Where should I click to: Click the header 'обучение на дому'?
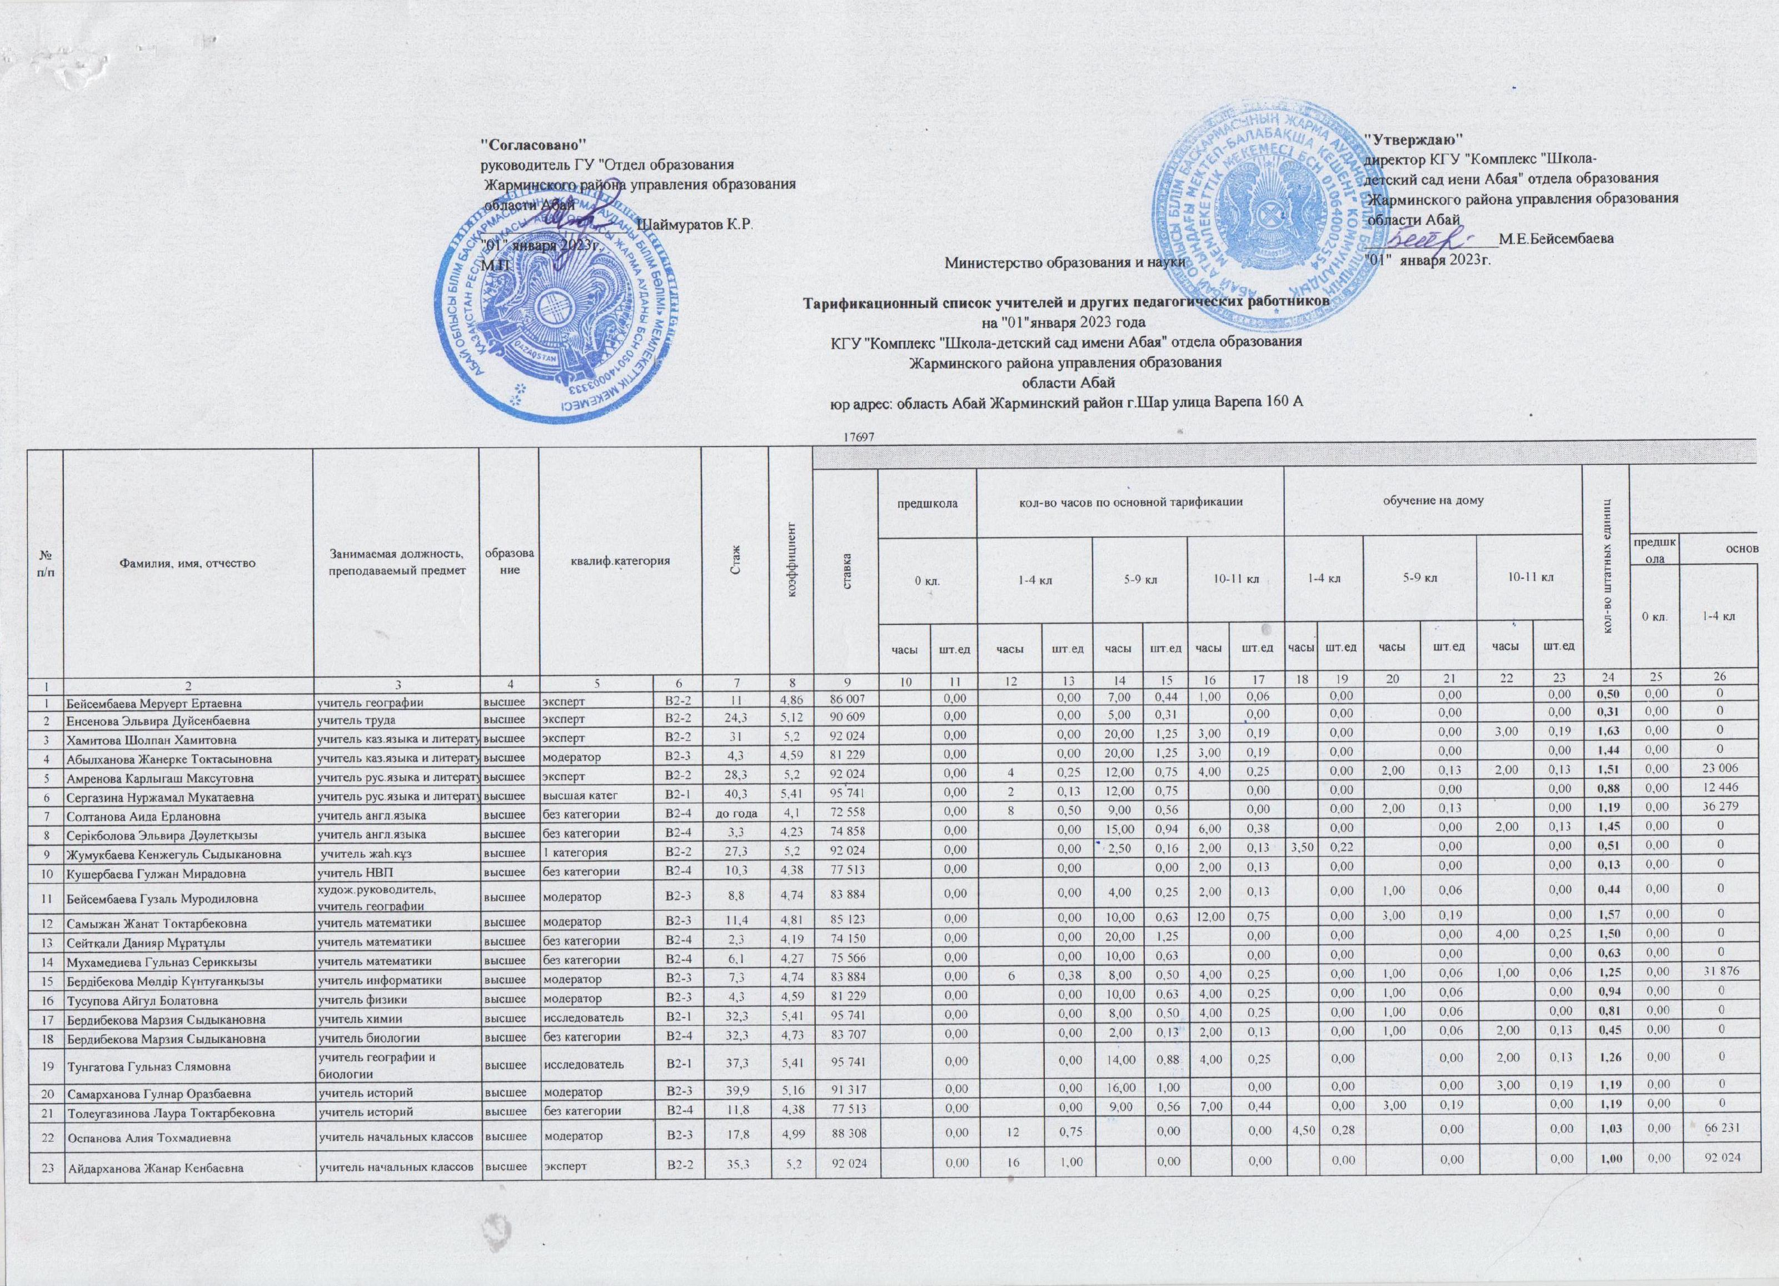[x=1432, y=500]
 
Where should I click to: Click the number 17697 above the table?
[x=858, y=436]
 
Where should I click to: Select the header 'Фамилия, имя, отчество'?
[x=187, y=562]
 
